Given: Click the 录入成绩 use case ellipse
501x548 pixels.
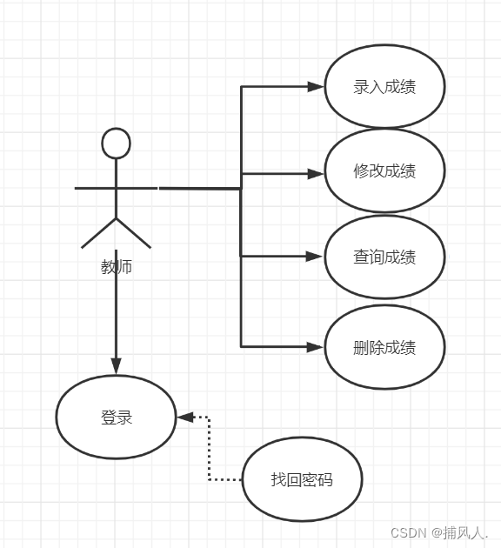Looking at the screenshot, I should click(x=384, y=87).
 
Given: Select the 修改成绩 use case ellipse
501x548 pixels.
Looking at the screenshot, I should click(x=384, y=170).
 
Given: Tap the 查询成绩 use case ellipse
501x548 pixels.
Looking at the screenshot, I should click(x=384, y=257).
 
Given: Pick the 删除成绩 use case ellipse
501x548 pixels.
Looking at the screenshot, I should click(x=384, y=347).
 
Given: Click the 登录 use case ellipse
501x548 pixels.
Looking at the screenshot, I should click(x=117, y=418).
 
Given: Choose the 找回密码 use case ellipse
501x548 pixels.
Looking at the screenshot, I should click(x=302, y=479).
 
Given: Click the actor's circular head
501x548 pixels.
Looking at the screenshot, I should click(x=116, y=144).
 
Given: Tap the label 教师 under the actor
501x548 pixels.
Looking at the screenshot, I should click(x=117, y=267).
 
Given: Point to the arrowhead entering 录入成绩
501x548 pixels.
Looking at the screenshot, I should click(x=315, y=87).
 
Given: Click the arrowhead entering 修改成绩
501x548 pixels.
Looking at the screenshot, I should click(x=315, y=174).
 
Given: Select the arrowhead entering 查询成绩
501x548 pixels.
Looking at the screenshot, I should click(x=315, y=256).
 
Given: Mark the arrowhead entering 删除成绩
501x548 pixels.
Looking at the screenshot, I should click(x=315, y=346).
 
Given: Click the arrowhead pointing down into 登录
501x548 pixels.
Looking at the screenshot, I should click(x=116, y=366).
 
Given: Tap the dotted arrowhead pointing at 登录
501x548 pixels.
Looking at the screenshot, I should click(x=185, y=418).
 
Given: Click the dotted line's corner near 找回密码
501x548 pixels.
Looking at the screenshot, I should click(x=210, y=479).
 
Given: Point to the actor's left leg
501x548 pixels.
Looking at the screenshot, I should click(x=98, y=233).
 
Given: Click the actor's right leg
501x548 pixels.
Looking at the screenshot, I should click(x=134, y=233).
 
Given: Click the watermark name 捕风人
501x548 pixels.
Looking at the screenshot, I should click(x=464, y=532).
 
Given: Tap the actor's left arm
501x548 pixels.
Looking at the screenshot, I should click(x=94, y=188).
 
